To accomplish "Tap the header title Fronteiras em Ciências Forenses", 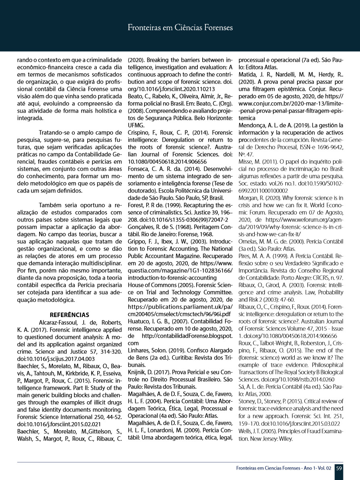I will point(180,28).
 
